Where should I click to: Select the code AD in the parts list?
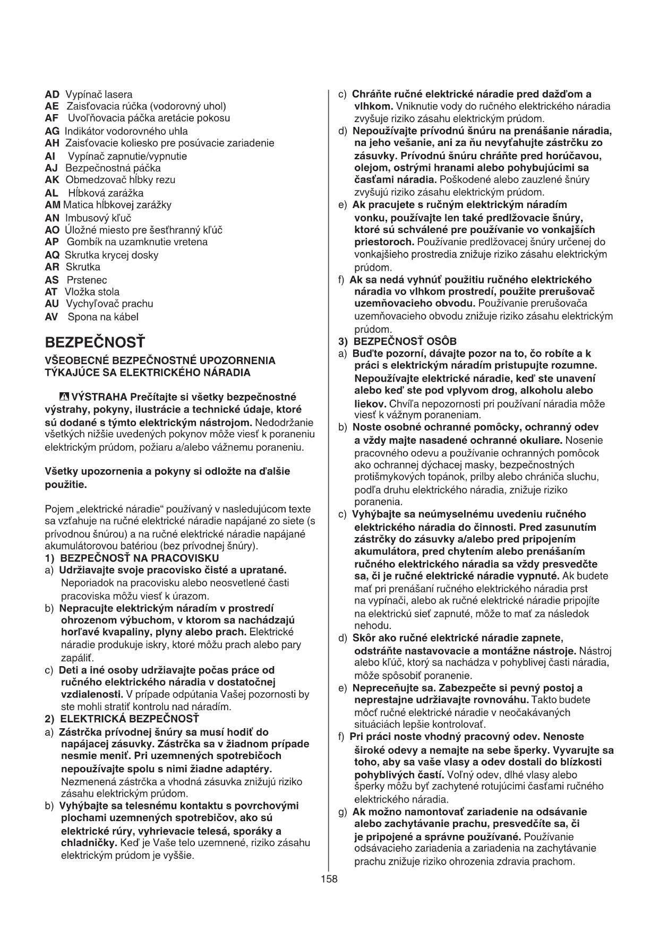[52, 94]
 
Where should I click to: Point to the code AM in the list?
[53, 205]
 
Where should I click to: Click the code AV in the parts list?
[52, 317]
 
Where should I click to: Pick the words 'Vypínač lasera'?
[99, 94]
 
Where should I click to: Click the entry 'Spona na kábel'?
[103, 317]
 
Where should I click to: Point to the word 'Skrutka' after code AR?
[83, 266]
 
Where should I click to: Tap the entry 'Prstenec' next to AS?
[87, 280]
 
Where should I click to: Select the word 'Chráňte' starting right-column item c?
[371, 94]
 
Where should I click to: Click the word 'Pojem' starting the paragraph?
[58, 509]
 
